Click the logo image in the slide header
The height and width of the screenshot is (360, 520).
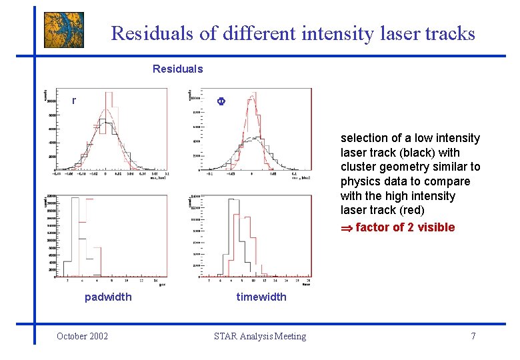[x=64, y=30]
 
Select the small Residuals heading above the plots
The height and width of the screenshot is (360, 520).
[x=177, y=69]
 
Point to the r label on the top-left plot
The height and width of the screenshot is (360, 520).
[x=74, y=101]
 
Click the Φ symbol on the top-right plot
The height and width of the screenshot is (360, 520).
[x=223, y=101]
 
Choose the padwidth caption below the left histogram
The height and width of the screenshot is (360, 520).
[x=108, y=297]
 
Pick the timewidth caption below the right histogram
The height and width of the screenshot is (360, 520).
[x=261, y=297]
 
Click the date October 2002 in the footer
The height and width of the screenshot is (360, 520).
[x=83, y=336]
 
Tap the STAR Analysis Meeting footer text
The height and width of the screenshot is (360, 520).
[x=260, y=336]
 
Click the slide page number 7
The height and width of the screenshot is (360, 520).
[x=473, y=336]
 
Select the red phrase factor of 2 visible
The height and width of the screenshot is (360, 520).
[x=405, y=227]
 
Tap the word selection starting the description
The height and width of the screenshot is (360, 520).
[x=364, y=138]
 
